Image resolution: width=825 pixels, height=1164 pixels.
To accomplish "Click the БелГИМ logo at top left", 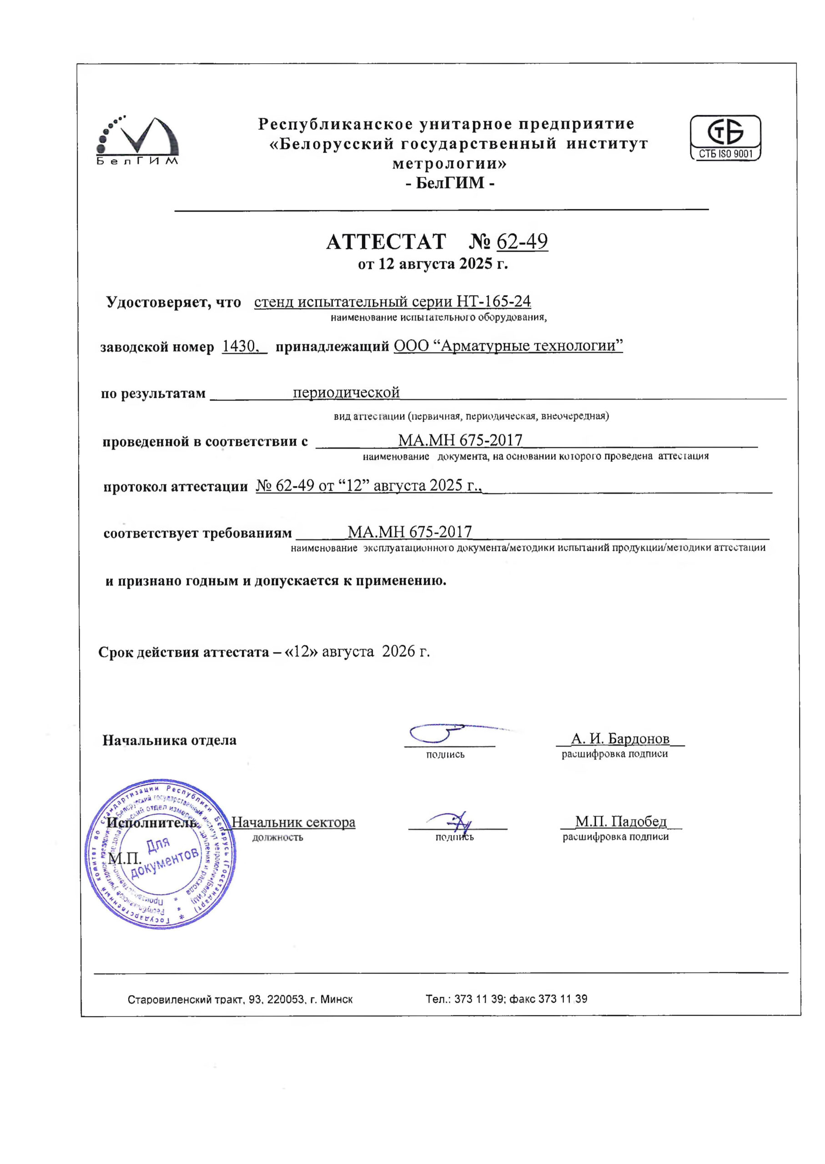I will (x=137, y=140).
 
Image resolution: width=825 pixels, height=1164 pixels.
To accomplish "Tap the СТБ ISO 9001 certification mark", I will (x=725, y=138).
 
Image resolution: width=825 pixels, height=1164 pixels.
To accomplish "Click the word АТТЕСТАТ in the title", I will (x=386, y=242).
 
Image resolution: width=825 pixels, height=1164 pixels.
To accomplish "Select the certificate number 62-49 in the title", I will (x=522, y=242).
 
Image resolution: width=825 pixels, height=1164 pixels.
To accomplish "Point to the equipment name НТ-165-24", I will (x=494, y=301).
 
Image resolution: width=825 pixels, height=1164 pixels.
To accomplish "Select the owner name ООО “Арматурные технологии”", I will (x=508, y=346).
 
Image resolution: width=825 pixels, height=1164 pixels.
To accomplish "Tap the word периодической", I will (x=346, y=392).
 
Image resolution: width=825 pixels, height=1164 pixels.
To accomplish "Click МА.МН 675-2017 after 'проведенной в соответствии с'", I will (x=460, y=440).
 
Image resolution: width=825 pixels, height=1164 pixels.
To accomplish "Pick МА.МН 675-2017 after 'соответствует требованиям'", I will (x=409, y=532).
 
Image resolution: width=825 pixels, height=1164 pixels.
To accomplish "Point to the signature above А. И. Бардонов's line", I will (x=442, y=733).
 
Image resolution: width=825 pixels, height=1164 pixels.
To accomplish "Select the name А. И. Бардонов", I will (x=620, y=738).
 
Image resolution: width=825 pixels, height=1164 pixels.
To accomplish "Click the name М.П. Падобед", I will (x=620, y=821).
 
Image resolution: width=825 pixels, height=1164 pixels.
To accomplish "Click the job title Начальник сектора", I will (x=293, y=822).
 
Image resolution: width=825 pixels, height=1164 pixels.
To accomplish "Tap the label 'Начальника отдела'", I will (x=169, y=740).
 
